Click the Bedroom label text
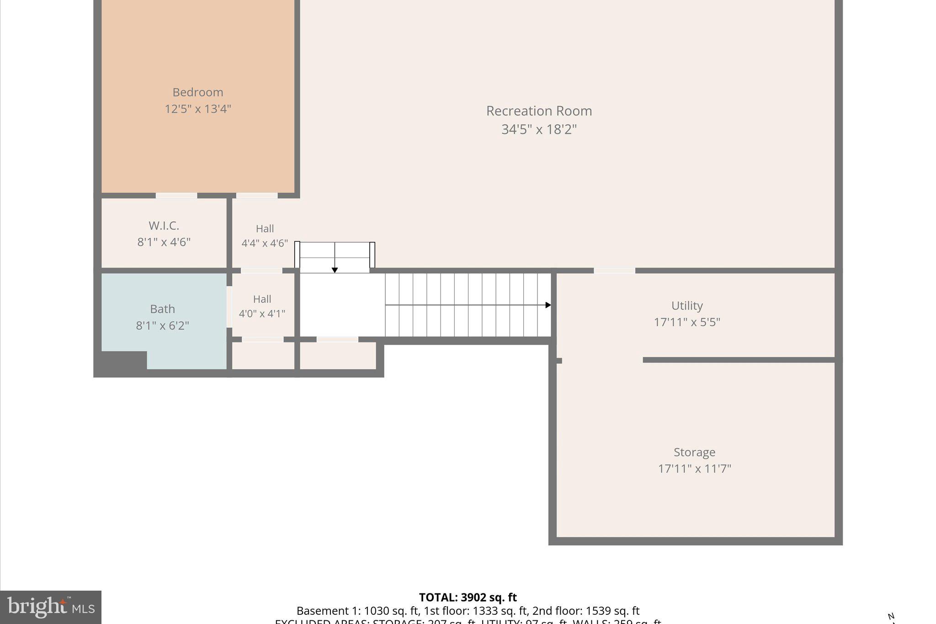click(x=197, y=92)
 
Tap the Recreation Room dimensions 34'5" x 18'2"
click(x=539, y=129)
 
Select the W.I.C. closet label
click(x=164, y=225)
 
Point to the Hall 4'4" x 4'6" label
click(x=265, y=235)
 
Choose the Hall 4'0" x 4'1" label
click(x=262, y=306)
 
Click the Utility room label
click(x=687, y=305)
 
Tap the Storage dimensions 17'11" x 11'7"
click(x=694, y=469)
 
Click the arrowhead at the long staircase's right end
click(x=548, y=305)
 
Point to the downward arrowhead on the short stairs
click(x=335, y=270)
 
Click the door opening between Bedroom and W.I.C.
click(x=176, y=196)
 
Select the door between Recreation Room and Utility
click(x=614, y=271)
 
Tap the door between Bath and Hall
click(x=229, y=306)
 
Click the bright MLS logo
click(x=51, y=607)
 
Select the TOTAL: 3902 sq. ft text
click(x=468, y=597)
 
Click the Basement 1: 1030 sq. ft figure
click(x=357, y=611)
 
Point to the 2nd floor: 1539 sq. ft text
click(x=585, y=611)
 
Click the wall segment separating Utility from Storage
click(x=739, y=360)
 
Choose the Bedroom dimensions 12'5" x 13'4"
click(x=197, y=109)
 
